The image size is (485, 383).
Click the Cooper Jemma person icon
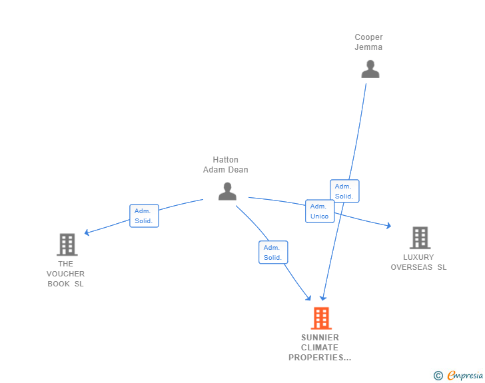click(x=370, y=69)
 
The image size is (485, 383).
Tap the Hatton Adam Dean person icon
click(x=227, y=191)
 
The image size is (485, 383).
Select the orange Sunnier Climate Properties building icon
click(x=321, y=318)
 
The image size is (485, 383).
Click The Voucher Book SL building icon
click(x=67, y=244)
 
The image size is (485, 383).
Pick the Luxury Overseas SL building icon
click(x=420, y=238)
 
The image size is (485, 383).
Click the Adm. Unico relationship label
click(x=320, y=211)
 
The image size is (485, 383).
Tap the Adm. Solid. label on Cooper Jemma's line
click(x=344, y=191)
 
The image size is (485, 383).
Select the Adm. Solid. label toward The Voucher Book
click(x=144, y=216)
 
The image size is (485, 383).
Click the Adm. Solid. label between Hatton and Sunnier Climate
click(x=273, y=252)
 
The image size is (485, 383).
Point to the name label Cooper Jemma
click(x=368, y=42)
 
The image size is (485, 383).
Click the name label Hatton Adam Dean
click(x=225, y=165)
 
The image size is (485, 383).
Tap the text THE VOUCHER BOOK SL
click(x=65, y=274)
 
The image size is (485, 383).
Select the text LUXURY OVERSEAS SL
click(x=418, y=262)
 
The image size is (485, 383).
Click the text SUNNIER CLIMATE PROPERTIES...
click(x=320, y=348)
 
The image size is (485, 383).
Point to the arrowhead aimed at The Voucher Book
click(x=87, y=232)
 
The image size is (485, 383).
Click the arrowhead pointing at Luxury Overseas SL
click(x=388, y=226)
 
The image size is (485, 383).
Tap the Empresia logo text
click(x=465, y=375)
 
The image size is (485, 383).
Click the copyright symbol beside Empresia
click(x=438, y=376)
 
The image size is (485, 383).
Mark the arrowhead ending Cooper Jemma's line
click(x=323, y=298)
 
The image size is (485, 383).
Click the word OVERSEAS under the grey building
click(x=412, y=267)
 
